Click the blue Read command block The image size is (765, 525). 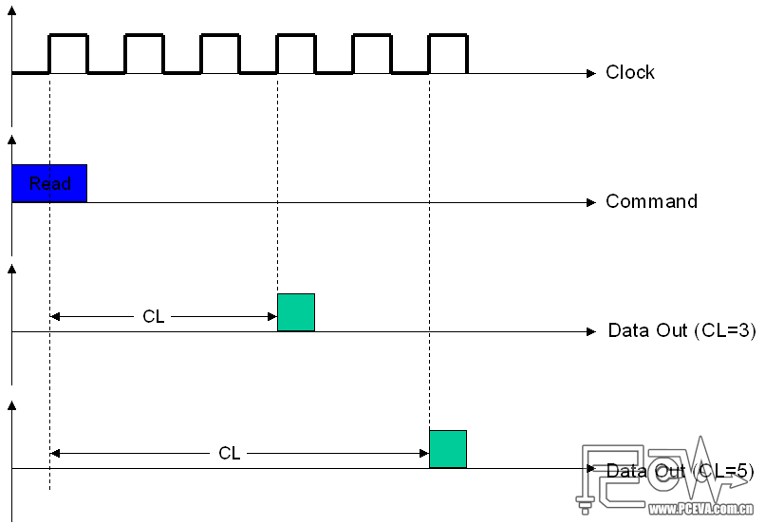49,183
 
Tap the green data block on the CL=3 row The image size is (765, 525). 295,312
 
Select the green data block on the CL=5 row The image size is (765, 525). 448,449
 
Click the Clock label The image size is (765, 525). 630,72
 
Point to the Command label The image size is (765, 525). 651,201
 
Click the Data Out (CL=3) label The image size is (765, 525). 681,330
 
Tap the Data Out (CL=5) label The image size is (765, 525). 680,470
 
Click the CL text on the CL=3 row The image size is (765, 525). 154,317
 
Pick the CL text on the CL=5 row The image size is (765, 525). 230,454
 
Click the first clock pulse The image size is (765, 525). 68,53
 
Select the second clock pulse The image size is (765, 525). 144,53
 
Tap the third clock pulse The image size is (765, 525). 220,53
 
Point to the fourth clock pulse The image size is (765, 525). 296,53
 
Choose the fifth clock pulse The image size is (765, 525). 372,53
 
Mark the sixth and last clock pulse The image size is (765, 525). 448,53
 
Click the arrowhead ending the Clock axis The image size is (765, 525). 589,72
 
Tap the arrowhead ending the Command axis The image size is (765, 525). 589,201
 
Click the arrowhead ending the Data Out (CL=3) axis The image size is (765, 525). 589,331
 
